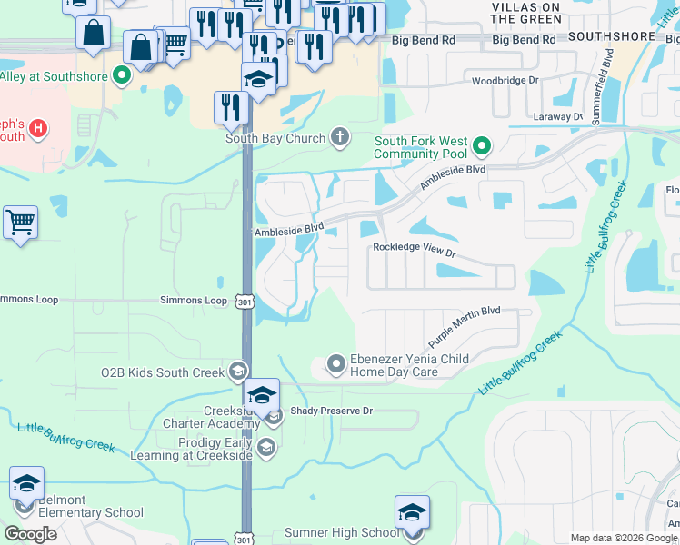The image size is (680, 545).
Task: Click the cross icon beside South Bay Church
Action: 340,138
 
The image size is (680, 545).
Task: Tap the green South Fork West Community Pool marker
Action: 483,145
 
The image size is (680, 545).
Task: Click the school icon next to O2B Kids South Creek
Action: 237,372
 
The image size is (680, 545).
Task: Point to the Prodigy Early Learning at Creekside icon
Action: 266,446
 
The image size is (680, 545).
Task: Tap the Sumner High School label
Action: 342,532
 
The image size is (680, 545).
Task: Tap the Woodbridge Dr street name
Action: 505,81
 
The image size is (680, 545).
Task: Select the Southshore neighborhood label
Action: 611,36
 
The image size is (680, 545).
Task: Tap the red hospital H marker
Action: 37,128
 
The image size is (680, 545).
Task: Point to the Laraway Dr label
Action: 558,117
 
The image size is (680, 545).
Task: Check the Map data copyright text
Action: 623,538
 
